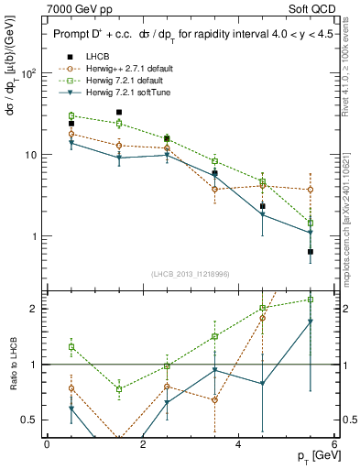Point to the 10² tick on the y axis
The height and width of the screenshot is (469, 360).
[x=27, y=73]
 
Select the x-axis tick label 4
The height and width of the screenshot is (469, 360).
[x=238, y=444]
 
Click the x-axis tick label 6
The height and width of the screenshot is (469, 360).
[x=334, y=444]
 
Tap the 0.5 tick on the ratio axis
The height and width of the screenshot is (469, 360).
[x=29, y=420]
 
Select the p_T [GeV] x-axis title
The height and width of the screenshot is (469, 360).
[x=311, y=456]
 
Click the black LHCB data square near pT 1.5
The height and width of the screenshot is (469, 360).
[x=119, y=113]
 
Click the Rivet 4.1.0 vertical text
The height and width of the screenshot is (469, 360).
[x=345, y=69]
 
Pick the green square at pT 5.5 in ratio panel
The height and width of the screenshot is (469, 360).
[x=311, y=300]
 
